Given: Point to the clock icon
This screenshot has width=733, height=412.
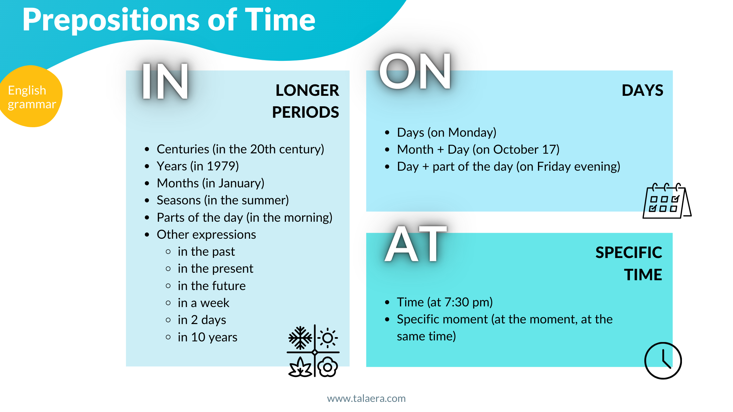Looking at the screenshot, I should [663, 361].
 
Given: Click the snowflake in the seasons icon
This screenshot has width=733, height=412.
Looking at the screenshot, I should [300, 338].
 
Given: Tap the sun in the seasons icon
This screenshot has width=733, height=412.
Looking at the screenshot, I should [328, 338].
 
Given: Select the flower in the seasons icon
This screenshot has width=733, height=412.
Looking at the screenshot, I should [328, 367].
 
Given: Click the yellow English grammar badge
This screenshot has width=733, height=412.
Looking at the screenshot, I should [31, 97].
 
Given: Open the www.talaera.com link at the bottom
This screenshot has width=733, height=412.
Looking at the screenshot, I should [366, 398].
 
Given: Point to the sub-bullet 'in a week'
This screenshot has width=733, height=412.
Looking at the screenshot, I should [203, 303].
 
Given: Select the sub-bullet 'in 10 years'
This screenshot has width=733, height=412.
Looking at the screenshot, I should [207, 337].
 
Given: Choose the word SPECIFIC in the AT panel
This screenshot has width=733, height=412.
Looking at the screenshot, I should [628, 252].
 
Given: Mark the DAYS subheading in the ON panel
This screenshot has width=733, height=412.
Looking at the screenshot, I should [642, 91].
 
